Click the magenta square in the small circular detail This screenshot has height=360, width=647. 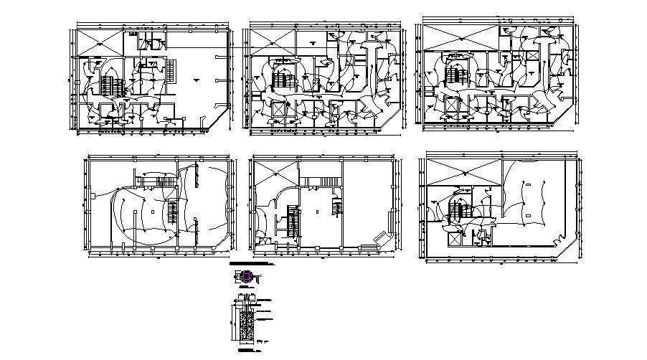click(x=247, y=276)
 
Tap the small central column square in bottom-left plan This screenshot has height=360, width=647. click(x=152, y=212)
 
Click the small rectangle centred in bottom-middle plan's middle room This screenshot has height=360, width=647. click(x=316, y=212)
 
